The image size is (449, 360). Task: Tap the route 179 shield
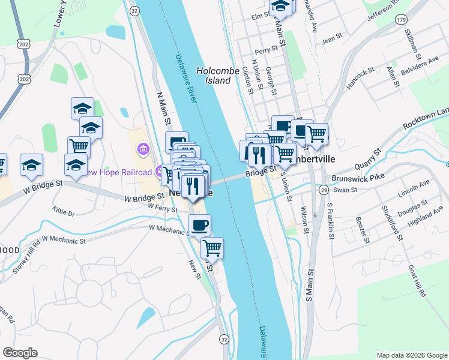pyautogui.click(x=401, y=20)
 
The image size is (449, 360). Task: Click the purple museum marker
pyautogui.click(x=143, y=148)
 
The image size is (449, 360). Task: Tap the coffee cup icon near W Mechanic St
pyautogui.click(x=200, y=226)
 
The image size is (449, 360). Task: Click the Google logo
pyautogui.click(x=20, y=352)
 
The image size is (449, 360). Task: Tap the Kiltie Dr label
pyautogui.click(x=63, y=213)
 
